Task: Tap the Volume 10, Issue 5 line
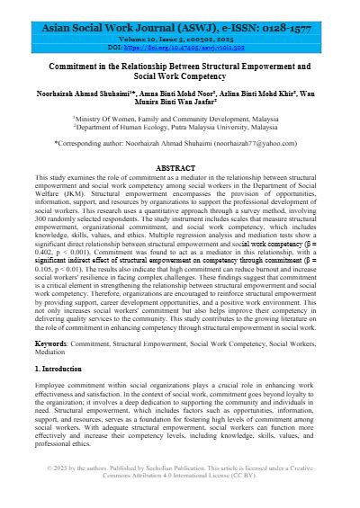coord(180,42)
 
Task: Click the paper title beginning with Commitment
coord(180,73)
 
